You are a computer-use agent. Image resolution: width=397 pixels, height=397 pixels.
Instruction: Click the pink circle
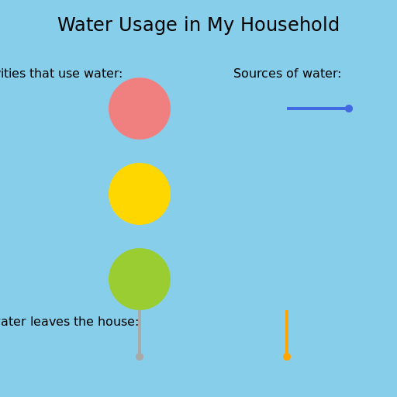click(x=140, y=109)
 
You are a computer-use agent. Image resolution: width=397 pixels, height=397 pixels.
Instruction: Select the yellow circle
click(x=140, y=194)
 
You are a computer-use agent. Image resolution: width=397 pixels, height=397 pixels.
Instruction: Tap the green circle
click(x=140, y=279)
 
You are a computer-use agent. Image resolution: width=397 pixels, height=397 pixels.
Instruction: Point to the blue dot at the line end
click(x=349, y=109)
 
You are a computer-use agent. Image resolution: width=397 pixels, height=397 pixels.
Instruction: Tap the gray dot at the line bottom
click(x=140, y=357)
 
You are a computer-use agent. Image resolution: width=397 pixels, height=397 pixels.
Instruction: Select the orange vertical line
click(x=287, y=332)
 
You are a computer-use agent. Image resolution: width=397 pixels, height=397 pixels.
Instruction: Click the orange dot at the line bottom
click(x=287, y=357)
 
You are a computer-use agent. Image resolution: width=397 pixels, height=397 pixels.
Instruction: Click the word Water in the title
click(x=83, y=26)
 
